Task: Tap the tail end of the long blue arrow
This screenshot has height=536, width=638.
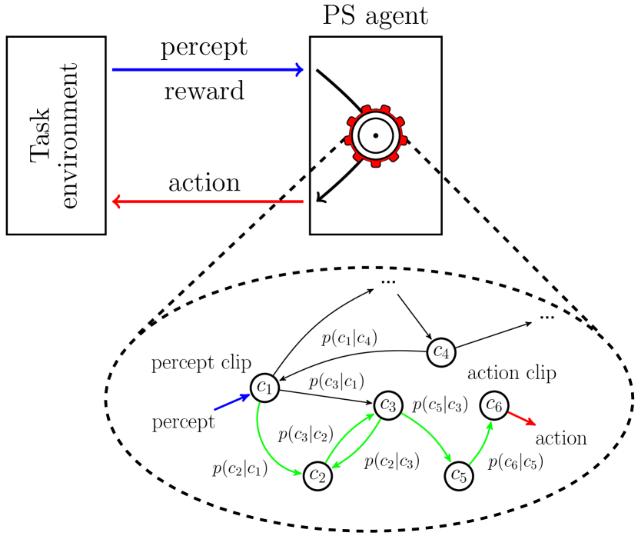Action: (x=113, y=70)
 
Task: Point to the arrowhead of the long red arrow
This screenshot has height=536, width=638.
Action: (x=115, y=201)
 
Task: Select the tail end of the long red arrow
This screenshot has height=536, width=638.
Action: (x=302, y=201)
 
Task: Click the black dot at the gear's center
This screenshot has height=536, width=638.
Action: (x=376, y=135)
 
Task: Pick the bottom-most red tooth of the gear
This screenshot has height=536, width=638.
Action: (x=376, y=163)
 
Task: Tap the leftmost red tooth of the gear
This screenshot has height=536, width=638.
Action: (x=348, y=140)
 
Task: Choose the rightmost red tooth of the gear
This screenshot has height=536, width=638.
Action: (x=404, y=140)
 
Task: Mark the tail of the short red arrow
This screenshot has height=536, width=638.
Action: (x=510, y=412)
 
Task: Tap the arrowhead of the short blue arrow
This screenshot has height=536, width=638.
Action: (x=246, y=397)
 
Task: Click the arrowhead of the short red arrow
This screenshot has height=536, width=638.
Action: (x=532, y=423)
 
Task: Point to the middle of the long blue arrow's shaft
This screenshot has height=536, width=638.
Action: (x=208, y=70)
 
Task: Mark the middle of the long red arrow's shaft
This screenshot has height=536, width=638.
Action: (x=208, y=201)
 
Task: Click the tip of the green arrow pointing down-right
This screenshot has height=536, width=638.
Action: (x=450, y=461)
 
